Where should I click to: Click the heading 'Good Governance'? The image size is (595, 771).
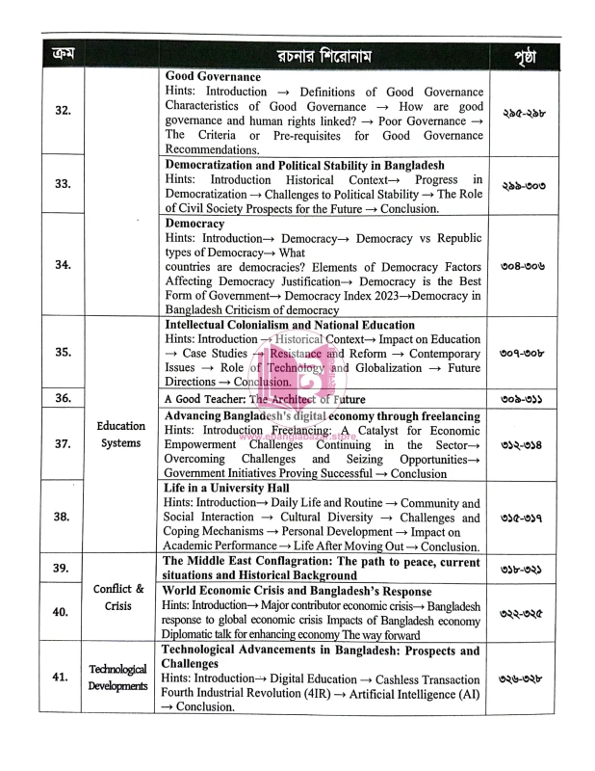point(213,75)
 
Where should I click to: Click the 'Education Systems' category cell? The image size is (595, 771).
point(122,434)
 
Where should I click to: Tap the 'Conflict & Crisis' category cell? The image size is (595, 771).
point(122,597)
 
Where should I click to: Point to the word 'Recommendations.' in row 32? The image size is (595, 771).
point(215,148)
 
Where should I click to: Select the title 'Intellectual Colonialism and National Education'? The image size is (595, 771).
point(290,326)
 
